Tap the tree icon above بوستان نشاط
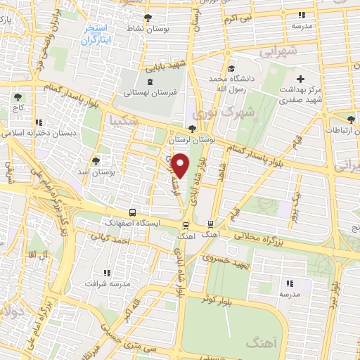pos(148,18)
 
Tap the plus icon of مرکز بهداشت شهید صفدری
pos(301,79)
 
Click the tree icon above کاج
pos(18,97)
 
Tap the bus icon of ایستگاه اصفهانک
pos(132,212)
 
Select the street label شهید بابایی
pos(167,67)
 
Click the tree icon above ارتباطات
pos(350,119)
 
